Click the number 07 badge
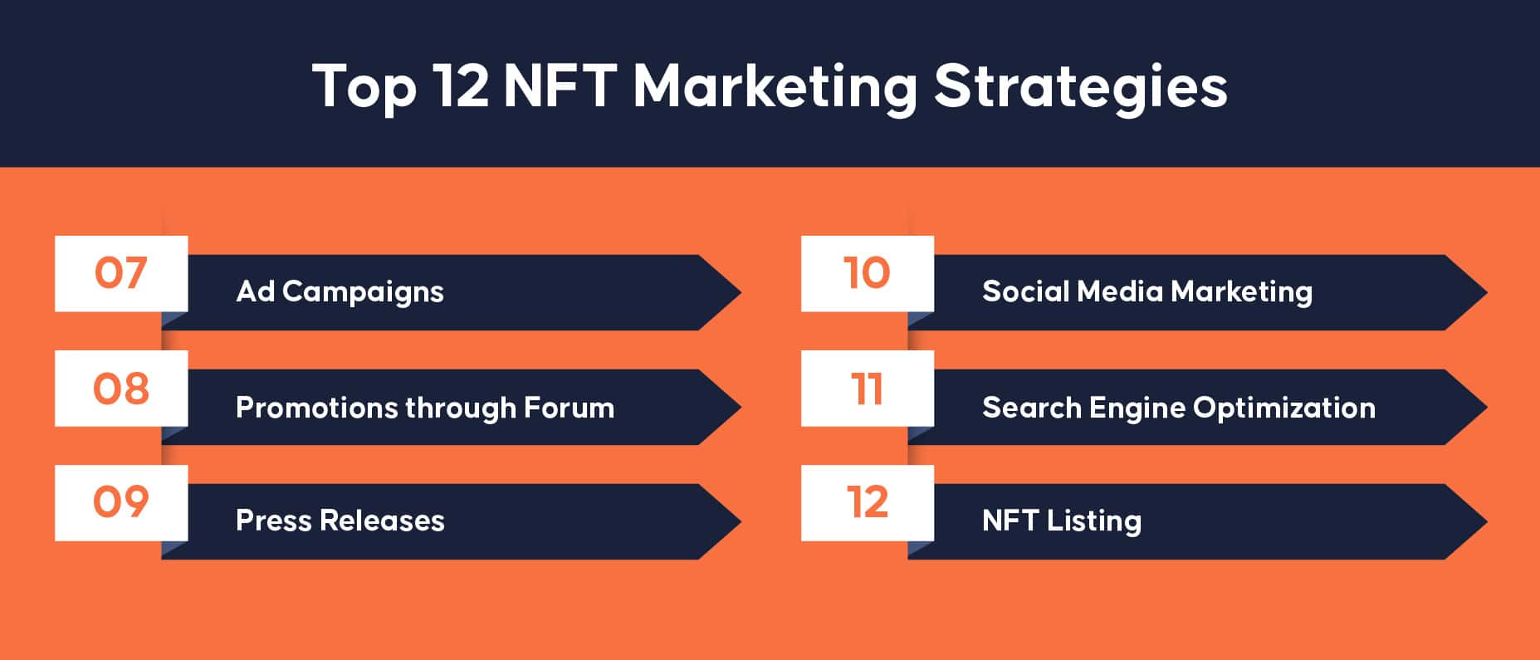pyautogui.click(x=121, y=273)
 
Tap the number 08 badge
pyautogui.click(x=121, y=389)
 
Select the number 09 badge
pyautogui.click(x=121, y=502)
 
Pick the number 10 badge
pyautogui.click(x=868, y=273)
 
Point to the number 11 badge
pyautogui.click(x=868, y=389)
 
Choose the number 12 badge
pyautogui.click(x=868, y=502)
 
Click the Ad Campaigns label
pyautogui.click(x=340, y=292)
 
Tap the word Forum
pyautogui.click(x=569, y=408)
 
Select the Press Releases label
pyautogui.click(x=340, y=521)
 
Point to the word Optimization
pyautogui.click(x=1284, y=408)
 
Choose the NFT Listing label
pyautogui.click(x=1062, y=521)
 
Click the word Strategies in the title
pyautogui.click(x=1081, y=87)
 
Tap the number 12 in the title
pyautogui.click(x=461, y=86)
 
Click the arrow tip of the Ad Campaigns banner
pyautogui.click(x=741, y=292)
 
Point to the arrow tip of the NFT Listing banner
pyautogui.click(x=1486, y=521)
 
